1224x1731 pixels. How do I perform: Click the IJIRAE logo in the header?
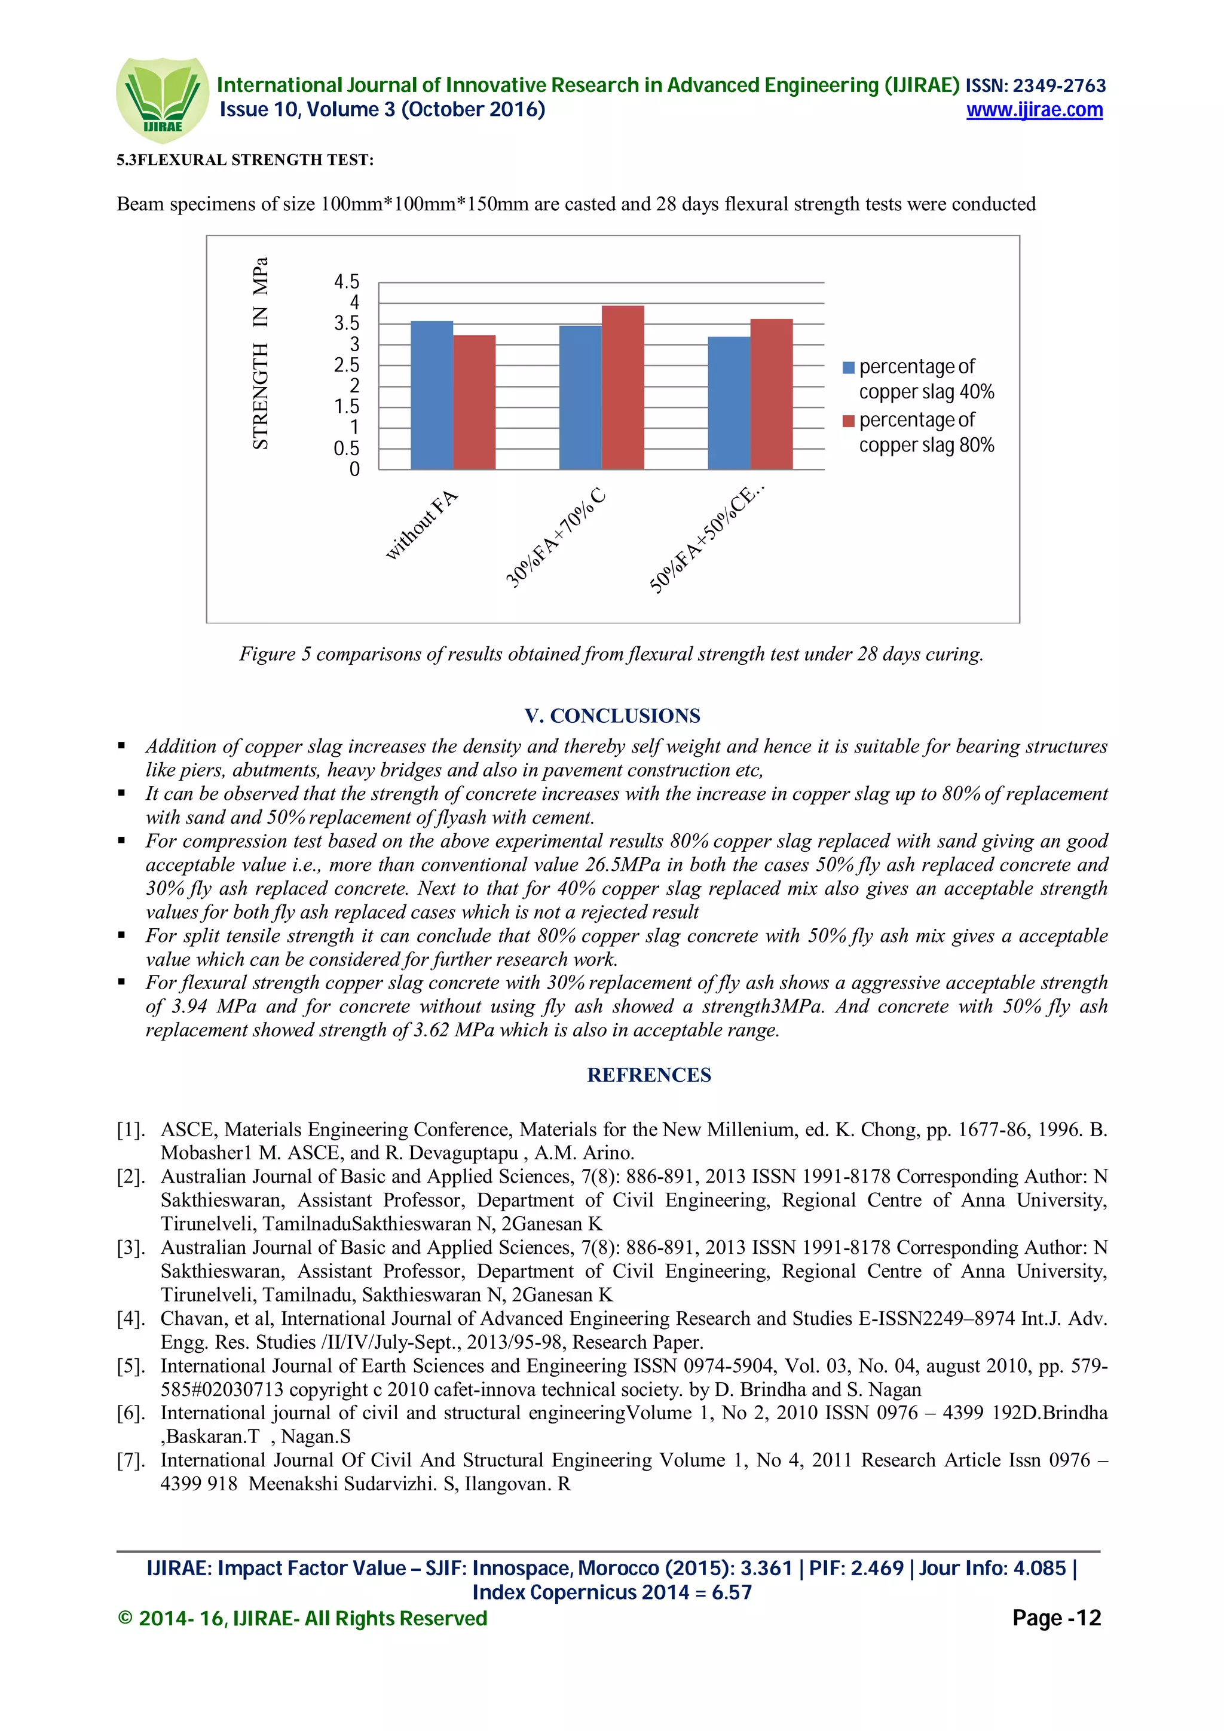click(162, 100)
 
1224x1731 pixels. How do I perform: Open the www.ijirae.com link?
click(1034, 110)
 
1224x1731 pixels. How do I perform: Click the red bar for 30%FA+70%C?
click(622, 388)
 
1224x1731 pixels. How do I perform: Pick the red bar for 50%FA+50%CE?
click(771, 394)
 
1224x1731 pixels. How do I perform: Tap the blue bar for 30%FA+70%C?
click(580, 397)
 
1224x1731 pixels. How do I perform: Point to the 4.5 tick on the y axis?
click(346, 282)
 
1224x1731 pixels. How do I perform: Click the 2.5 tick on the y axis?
click(346, 366)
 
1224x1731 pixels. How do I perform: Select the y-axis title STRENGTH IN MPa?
click(260, 354)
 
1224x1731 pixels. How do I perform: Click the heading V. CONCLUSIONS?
click(613, 716)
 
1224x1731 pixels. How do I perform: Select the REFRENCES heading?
click(648, 1075)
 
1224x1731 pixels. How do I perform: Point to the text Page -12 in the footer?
click(1056, 1618)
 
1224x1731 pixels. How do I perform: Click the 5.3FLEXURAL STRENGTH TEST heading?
click(245, 160)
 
